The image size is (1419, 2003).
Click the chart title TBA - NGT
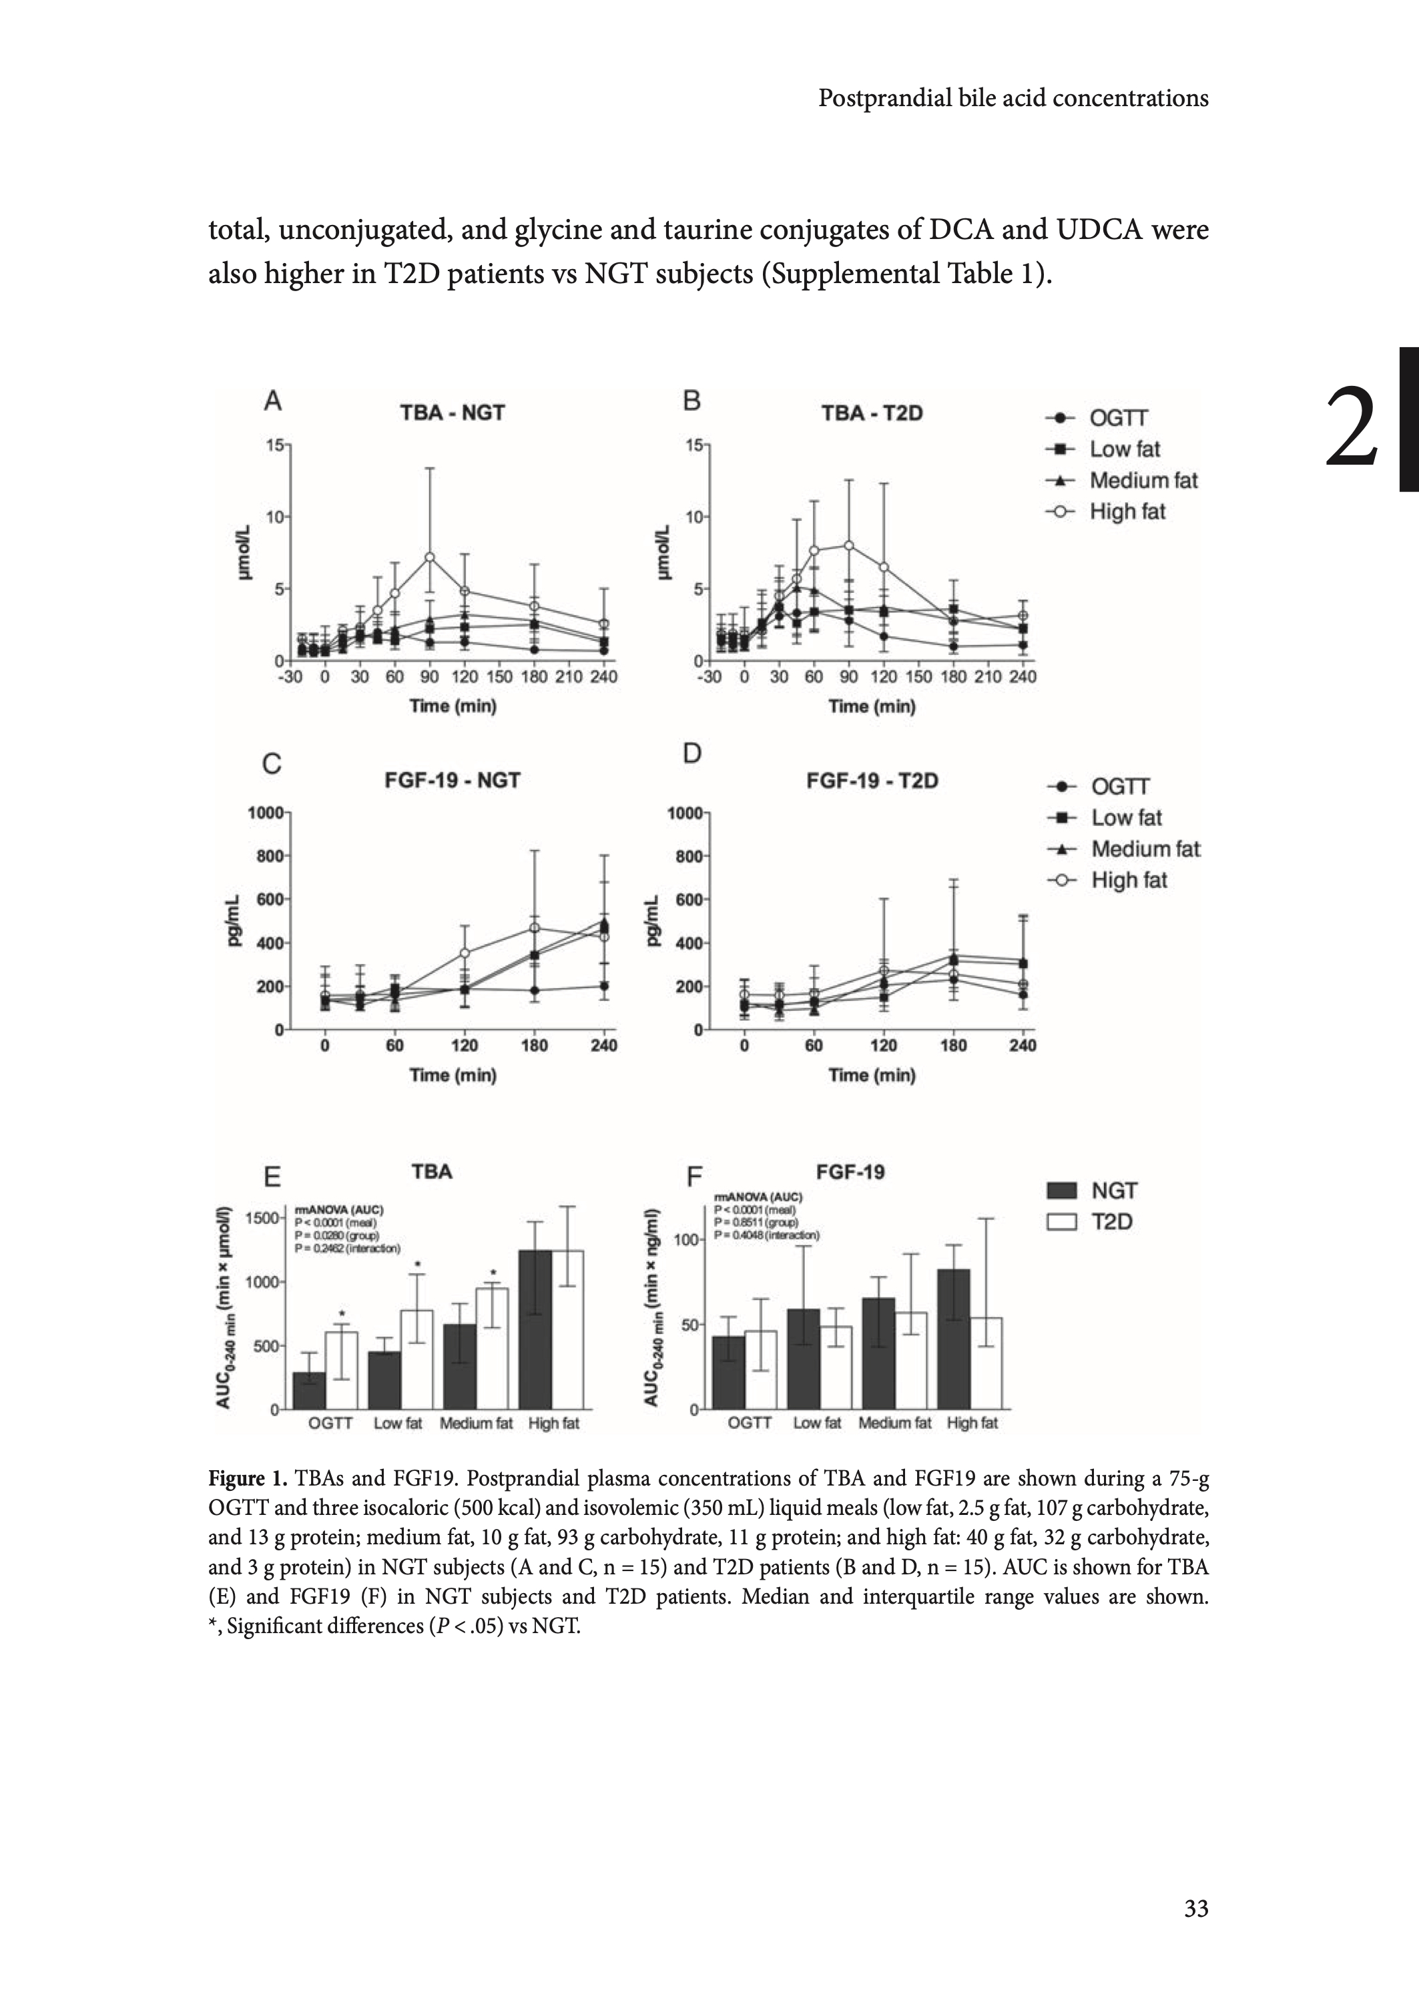pos(452,413)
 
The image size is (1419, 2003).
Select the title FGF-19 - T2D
pos(871,781)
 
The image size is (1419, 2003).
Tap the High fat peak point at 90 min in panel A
pos(429,557)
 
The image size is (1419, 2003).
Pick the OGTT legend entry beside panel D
pos(1119,787)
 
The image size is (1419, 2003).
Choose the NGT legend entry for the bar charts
pos(1113,1190)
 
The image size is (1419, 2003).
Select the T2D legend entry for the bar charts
pos(1111,1222)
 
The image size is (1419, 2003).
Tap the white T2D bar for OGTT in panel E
pos(342,1369)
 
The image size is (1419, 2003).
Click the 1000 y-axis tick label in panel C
pos(265,813)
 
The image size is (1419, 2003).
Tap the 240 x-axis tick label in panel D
pos(1023,1045)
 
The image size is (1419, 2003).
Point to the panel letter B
pos(691,401)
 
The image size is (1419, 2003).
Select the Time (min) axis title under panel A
pos(453,706)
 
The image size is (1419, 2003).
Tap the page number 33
pos(1195,1909)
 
